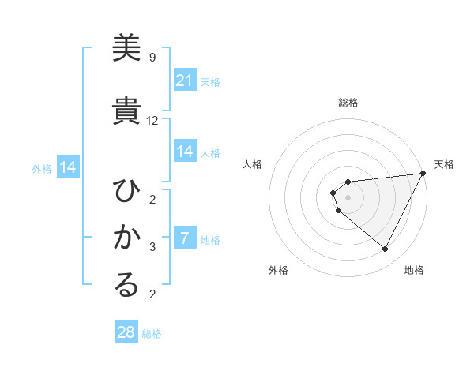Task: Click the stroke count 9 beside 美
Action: (152, 58)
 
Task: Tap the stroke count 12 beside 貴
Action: (152, 121)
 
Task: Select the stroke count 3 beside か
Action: (152, 247)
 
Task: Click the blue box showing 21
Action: (185, 81)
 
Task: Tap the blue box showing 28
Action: (126, 332)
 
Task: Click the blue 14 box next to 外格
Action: (67, 167)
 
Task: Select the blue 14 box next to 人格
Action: (185, 152)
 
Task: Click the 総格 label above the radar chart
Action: (348, 103)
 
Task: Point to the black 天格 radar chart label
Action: (444, 164)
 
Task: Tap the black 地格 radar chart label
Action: (414, 270)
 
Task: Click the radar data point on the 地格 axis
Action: (386, 249)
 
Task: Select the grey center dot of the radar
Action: (348, 197)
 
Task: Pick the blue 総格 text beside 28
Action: (152, 334)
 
